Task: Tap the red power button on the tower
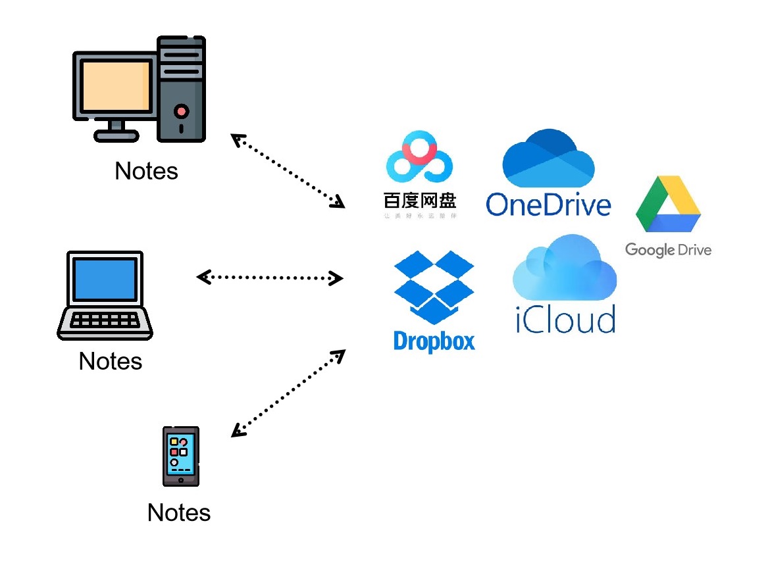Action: tap(182, 110)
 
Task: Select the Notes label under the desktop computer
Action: tap(146, 171)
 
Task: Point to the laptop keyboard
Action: tap(105, 320)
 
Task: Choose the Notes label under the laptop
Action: tap(111, 361)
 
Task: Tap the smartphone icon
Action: tap(180, 456)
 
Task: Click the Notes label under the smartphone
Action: tap(179, 512)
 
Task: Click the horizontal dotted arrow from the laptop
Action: tap(270, 278)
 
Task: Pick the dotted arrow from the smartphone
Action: tap(288, 393)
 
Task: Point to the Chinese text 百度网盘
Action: tap(420, 200)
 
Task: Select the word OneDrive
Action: tap(548, 204)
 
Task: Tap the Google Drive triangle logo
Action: tap(668, 205)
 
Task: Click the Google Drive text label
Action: tap(668, 250)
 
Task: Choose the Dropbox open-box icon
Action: tap(434, 287)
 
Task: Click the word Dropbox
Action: tap(434, 341)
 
